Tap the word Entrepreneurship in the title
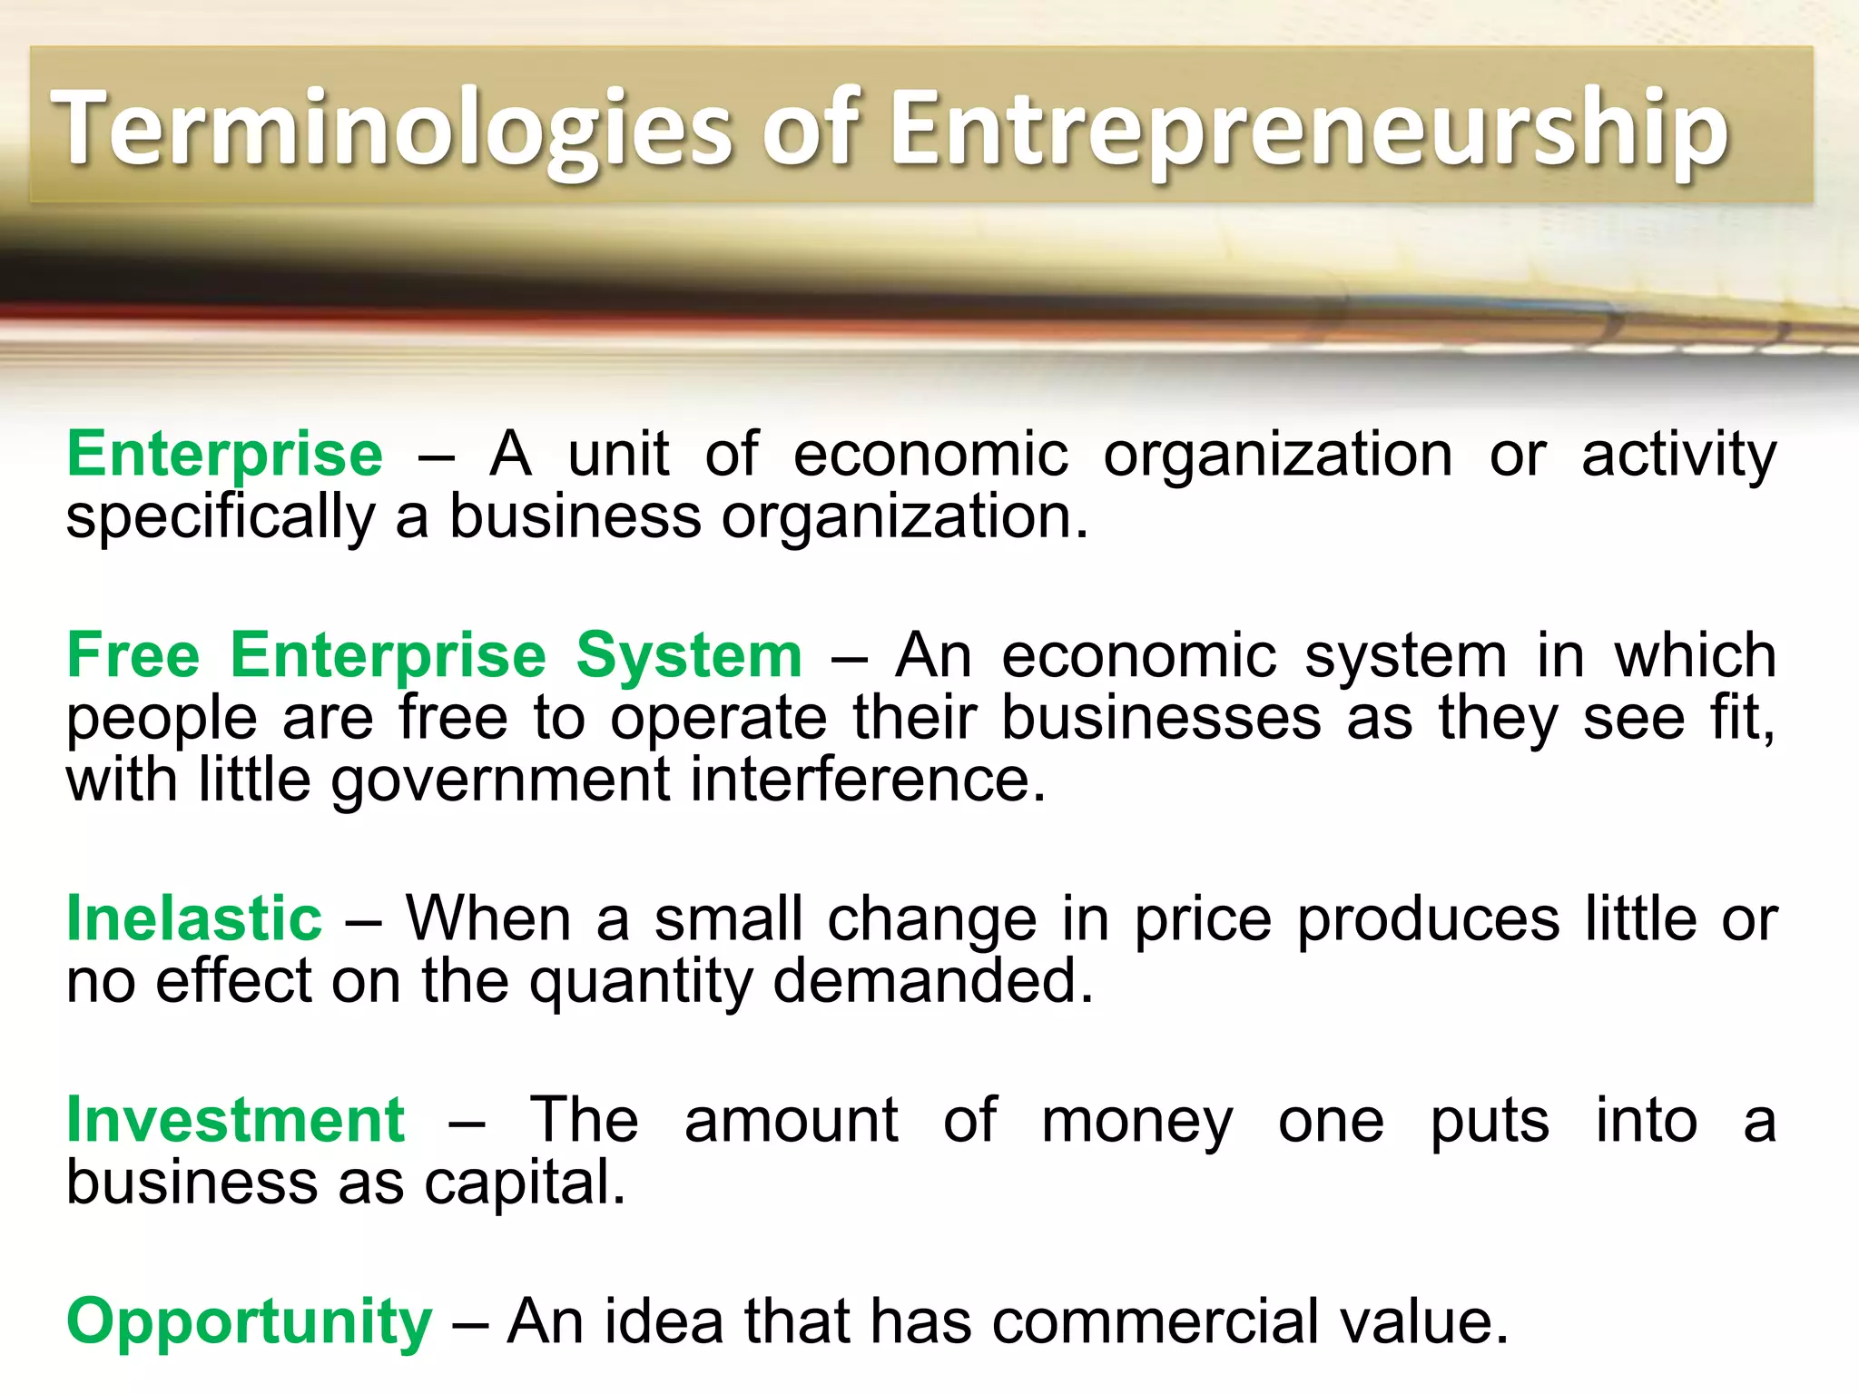click(x=1309, y=129)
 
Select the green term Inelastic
click(x=194, y=918)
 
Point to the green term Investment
click(x=236, y=1119)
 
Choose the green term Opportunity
click(x=250, y=1321)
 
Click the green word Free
click(x=133, y=654)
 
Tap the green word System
click(x=689, y=654)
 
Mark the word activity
click(x=1678, y=454)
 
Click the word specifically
click(x=221, y=517)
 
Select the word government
click(x=500, y=780)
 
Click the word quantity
click(x=641, y=982)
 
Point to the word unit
click(x=618, y=454)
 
